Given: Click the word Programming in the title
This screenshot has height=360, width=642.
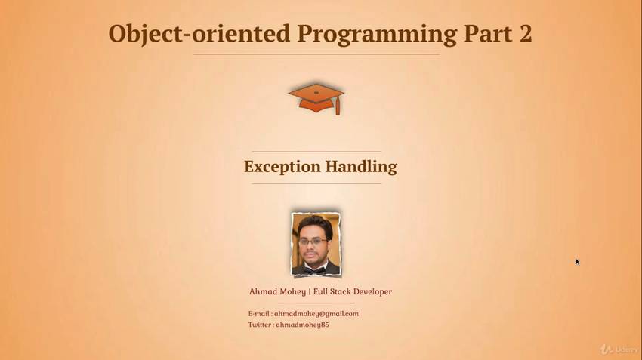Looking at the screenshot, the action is pos(377,35).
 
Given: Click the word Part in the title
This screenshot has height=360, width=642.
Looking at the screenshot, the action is pos(488,33).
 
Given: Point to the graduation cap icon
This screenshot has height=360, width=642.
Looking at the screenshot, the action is pos(316,98).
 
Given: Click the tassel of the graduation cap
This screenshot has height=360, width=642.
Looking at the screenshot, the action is pos(338,107).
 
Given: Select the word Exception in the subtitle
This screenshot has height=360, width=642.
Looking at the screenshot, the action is pos(282,167).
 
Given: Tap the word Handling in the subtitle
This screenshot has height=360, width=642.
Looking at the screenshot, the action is pos(361,167).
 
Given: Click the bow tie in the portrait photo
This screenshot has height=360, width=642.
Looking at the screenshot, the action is pos(314,270).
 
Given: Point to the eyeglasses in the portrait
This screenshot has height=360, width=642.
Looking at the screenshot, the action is pos(313,242).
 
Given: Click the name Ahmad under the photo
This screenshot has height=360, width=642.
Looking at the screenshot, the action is pos(264,291).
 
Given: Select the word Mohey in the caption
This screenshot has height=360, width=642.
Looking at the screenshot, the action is pos(294,292).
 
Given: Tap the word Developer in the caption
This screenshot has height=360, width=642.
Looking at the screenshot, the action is pos(372,292).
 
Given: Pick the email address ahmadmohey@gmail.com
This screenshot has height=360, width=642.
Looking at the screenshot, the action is pos(316,314).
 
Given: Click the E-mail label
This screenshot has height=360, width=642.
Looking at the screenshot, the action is pos(260,314).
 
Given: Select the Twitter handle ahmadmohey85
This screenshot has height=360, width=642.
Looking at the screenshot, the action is pos(303,325).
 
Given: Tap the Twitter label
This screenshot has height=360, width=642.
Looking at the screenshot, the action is pos(261,325).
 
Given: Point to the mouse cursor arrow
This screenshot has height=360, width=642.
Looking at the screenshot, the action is pos(577,262).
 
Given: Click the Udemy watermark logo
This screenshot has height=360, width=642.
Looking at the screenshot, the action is pos(619,349).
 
